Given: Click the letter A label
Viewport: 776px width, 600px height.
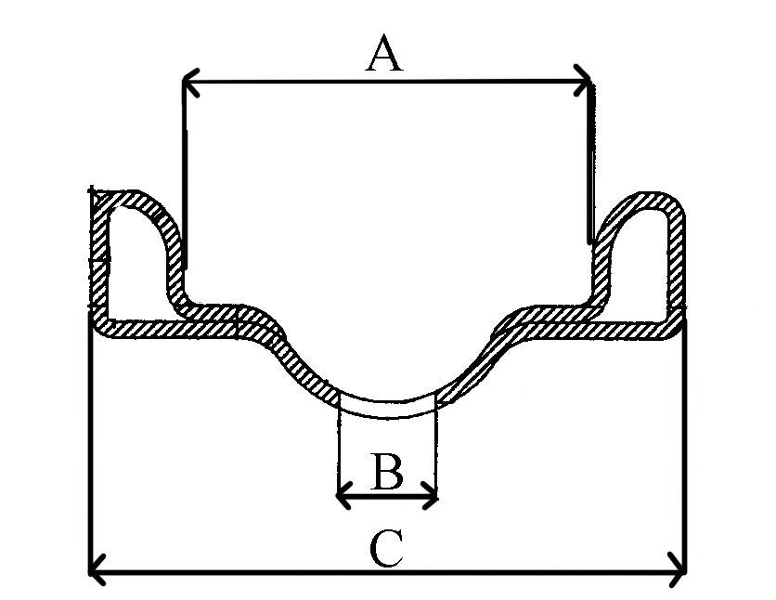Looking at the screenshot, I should [385, 54].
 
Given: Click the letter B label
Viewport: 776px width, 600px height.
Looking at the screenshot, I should [386, 473].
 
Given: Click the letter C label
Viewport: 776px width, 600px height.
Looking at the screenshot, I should [386, 549].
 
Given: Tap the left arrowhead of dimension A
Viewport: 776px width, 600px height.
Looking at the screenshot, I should [188, 85].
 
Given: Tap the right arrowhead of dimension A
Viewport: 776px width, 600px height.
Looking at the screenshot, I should [585, 82].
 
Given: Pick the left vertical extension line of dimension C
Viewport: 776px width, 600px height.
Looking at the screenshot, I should [90, 446].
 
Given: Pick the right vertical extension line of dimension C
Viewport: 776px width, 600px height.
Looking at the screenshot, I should [685, 446].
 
